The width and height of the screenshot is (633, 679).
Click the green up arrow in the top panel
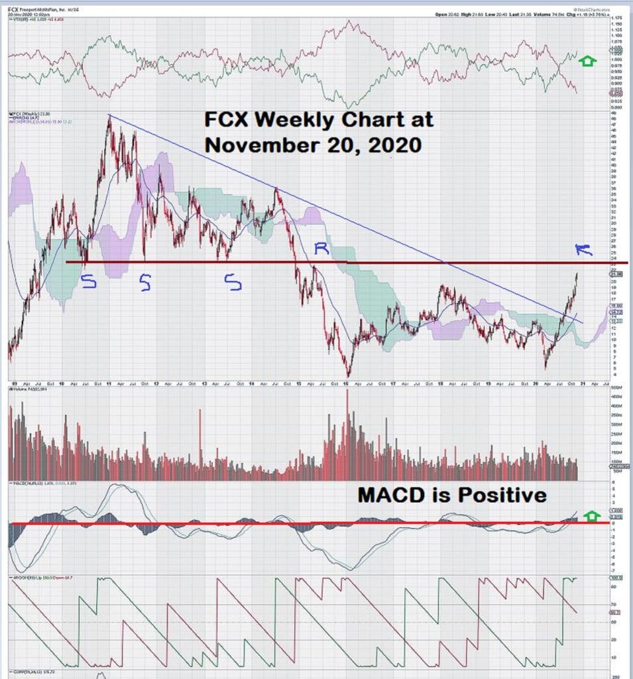click(x=587, y=62)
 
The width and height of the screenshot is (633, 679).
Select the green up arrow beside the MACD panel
click(x=592, y=515)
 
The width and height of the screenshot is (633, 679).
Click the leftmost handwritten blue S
click(x=88, y=283)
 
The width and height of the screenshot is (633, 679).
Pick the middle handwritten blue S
click(x=144, y=284)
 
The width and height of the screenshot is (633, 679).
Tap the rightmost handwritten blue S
click(x=233, y=283)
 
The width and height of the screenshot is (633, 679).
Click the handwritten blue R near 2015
click(x=321, y=249)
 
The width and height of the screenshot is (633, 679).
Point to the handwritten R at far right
click(x=583, y=249)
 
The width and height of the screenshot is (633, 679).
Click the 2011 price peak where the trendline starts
click(x=109, y=117)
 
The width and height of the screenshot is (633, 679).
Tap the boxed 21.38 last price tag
click(x=616, y=274)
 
